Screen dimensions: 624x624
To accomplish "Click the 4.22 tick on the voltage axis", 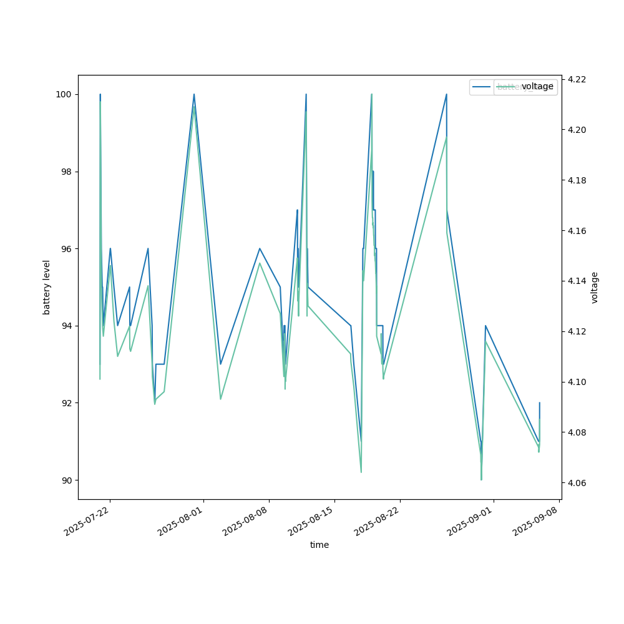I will [x=576, y=79].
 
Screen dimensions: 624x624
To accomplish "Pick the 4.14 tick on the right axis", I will [x=576, y=281].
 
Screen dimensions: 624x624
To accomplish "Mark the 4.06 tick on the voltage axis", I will [x=576, y=483].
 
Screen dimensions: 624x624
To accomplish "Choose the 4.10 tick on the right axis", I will [x=576, y=382].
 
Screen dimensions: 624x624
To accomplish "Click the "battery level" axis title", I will [x=47, y=287].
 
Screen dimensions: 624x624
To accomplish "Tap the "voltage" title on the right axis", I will [x=595, y=287].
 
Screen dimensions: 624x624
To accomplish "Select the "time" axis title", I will [x=319, y=545].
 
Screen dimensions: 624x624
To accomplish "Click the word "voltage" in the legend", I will [x=537, y=87].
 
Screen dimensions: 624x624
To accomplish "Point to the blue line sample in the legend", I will [x=481, y=87].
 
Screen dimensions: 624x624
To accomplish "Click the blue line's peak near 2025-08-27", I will [x=446, y=94].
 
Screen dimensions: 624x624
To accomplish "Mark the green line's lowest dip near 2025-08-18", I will [x=361, y=472].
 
